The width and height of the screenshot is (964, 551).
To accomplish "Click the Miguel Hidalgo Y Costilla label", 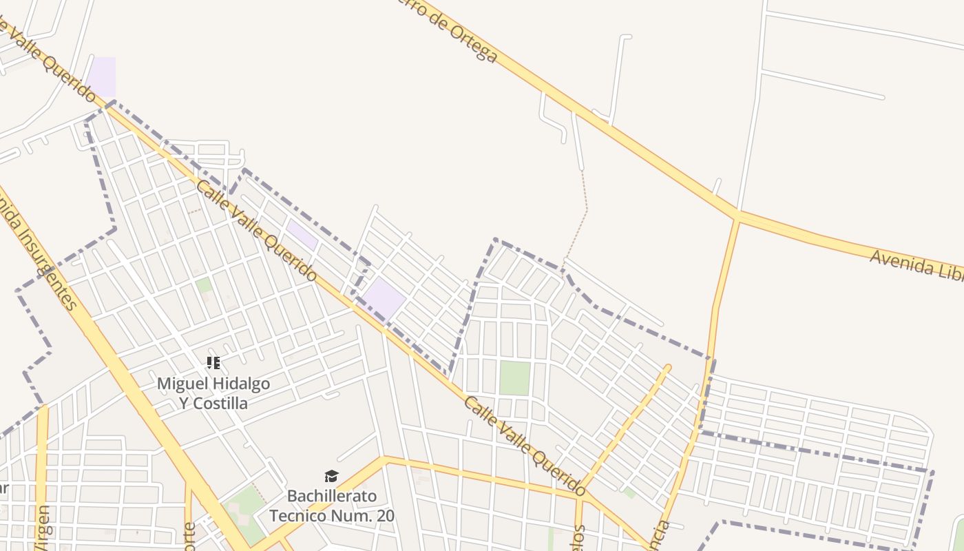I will [213, 393].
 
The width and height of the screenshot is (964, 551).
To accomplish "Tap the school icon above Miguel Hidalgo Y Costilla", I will [213, 362].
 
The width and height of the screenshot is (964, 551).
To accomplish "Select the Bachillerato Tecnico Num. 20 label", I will [332, 506].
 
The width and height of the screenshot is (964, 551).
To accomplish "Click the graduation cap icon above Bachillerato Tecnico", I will [332, 477].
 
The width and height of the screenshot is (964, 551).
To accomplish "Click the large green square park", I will [514, 378].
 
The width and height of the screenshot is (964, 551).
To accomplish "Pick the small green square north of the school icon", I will [204, 284].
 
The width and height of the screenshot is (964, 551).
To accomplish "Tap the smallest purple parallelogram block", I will [302, 235].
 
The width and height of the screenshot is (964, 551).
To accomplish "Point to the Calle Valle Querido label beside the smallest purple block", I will [257, 231].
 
